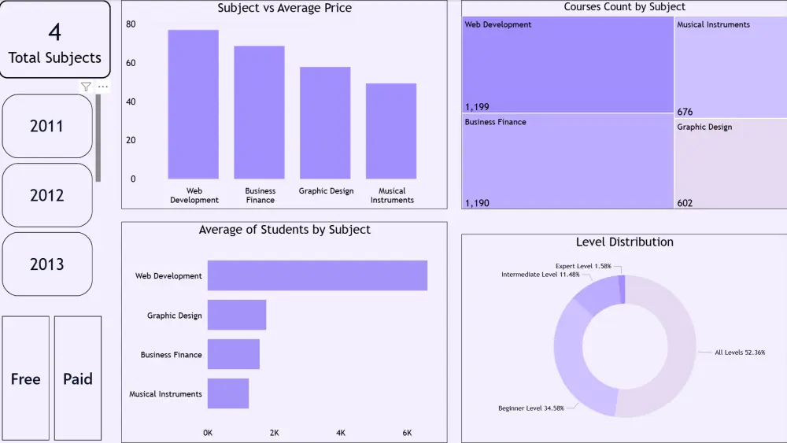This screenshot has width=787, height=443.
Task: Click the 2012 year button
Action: pyautogui.click(x=47, y=195)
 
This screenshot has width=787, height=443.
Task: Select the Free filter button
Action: pyautogui.click(x=25, y=378)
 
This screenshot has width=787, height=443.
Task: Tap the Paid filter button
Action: pyautogui.click(x=78, y=378)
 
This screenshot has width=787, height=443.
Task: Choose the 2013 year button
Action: pyautogui.click(x=47, y=264)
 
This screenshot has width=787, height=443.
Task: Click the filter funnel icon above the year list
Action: pyautogui.click(x=86, y=87)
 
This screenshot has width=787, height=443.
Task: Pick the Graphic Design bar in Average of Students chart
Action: pyautogui.click(x=237, y=315)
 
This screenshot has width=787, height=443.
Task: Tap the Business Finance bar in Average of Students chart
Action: pyautogui.click(x=234, y=354)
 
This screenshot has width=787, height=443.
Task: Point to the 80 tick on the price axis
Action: pyautogui.click(x=131, y=24)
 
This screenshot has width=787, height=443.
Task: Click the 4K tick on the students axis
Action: pyautogui.click(x=341, y=433)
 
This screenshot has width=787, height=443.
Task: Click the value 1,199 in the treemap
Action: pyautogui.click(x=478, y=105)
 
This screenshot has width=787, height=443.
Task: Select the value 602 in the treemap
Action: pyautogui.click(x=685, y=203)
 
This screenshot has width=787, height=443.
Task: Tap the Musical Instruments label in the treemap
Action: pyautogui.click(x=713, y=24)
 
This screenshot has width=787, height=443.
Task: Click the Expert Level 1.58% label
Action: pyautogui.click(x=583, y=266)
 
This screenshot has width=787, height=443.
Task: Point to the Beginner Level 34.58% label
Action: pyautogui.click(x=530, y=408)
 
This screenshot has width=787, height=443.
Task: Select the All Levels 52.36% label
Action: pyautogui.click(x=740, y=353)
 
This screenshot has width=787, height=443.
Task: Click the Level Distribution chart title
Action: pyautogui.click(x=624, y=242)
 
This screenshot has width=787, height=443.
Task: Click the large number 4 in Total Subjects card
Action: pyautogui.click(x=54, y=32)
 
